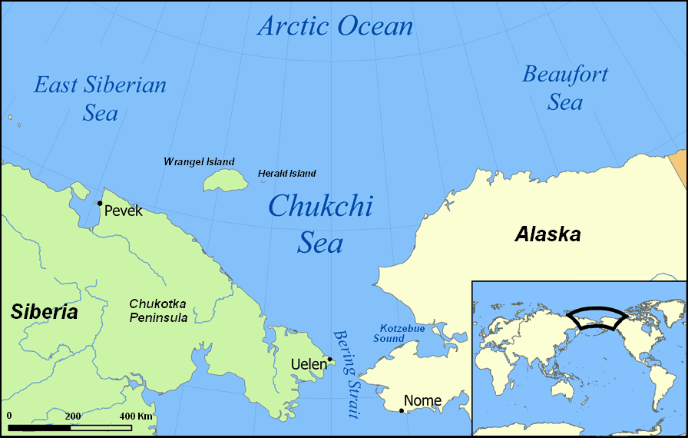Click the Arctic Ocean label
pos(336,26)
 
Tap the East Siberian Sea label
pos(100,98)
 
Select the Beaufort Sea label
pos(565,88)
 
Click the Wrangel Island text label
pos(199,162)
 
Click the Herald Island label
pos(287,174)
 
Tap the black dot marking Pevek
pos(100,203)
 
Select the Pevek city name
pos(124,211)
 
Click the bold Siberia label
pos(44,312)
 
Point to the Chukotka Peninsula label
pos(157,310)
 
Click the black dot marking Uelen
pos(330,359)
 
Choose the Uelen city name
pos(309,363)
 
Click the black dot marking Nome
pos(402,410)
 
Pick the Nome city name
pos(423,400)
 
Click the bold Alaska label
pos(547,234)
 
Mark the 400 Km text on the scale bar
pos(136,416)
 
